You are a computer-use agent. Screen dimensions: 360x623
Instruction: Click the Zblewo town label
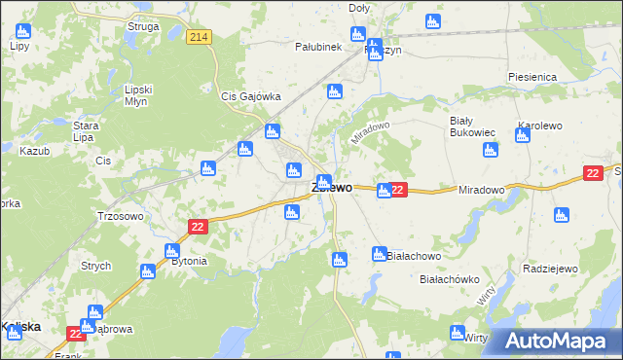pyautogui.click(x=332, y=188)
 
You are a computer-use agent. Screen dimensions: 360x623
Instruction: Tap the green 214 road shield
pyautogui.click(x=200, y=37)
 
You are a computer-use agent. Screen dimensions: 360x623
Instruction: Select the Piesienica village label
pyautogui.click(x=531, y=76)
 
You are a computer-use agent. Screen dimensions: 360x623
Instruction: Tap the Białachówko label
pyautogui.click(x=450, y=279)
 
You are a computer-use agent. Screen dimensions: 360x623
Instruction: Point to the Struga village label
pyautogui.click(x=143, y=27)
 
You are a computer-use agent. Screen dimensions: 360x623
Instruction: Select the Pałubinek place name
pyautogui.click(x=317, y=46)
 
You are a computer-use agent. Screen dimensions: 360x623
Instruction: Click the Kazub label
pyautogui.click(x=33, y=152)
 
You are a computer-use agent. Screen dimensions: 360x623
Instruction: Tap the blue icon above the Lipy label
pyautogui.click(x=22, y=30)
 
